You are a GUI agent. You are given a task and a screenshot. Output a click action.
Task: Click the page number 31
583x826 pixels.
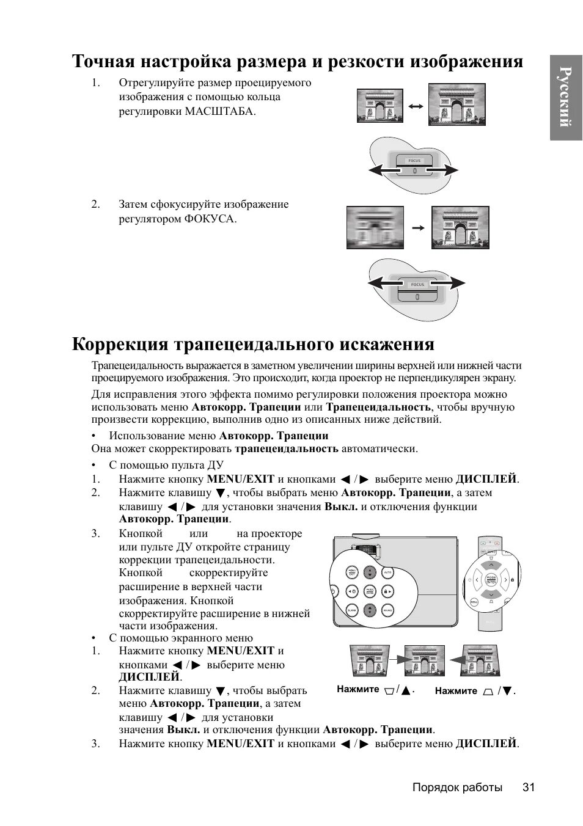[x=529, y=787]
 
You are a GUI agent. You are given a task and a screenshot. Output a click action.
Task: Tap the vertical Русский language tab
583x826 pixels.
[x=566, y=97]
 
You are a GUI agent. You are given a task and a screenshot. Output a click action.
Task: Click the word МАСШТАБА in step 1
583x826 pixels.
[x=218, y=111]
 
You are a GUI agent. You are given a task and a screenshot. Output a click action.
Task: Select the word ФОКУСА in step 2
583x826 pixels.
[x=210, y=219]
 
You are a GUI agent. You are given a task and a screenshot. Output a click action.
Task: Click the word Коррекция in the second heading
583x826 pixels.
[x=120, y=344]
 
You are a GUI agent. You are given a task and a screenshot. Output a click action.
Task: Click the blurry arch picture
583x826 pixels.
[x=375, y=227]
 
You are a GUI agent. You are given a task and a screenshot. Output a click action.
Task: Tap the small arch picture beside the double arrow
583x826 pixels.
[x=380, y=106]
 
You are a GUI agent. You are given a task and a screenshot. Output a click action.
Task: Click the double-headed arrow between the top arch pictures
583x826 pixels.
[x=416, y=106]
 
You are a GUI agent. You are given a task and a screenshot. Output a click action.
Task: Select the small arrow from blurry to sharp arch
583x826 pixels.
[x=418, y=228]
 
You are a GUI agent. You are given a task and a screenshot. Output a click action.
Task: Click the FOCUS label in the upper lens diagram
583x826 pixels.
[x=414, y=161]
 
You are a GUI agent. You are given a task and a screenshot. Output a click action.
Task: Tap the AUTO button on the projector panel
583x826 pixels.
[x=387, y=573]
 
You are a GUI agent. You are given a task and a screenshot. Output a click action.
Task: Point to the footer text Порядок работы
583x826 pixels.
[x=457, y=787]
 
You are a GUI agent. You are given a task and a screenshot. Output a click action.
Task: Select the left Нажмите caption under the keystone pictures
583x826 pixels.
[x=358, y=689]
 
